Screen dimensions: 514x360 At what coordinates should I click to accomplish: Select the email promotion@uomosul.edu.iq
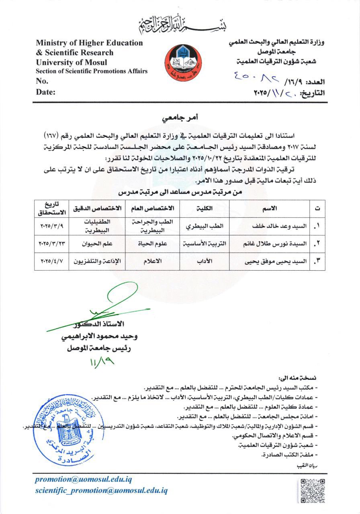[83, 479]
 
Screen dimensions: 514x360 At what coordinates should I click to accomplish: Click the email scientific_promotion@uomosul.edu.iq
[101, 490]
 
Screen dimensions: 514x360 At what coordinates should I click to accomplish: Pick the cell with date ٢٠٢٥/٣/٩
[52, 226]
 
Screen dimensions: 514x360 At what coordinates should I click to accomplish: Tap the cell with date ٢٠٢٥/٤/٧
[52, 262]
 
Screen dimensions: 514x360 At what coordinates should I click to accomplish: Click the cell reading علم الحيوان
[96, 244]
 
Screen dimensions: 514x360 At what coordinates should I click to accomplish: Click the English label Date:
[46, 92]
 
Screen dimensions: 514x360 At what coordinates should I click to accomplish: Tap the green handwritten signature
[108, 305]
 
